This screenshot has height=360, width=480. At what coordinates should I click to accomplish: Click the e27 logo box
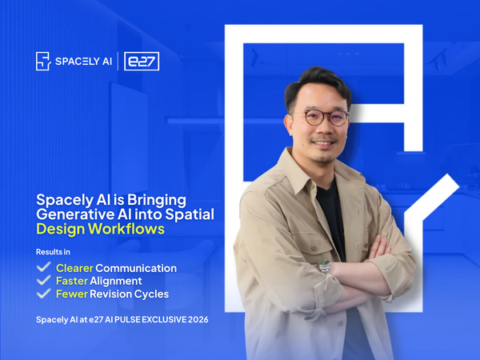pos(142,62)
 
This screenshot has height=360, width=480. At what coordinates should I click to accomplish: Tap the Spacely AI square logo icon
pos(43,62)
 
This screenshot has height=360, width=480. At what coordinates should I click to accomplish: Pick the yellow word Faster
pos(71,281)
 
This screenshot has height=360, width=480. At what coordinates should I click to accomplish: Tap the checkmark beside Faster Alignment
pos(44,281)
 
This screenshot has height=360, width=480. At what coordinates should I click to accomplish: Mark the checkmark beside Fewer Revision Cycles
pos(44,294)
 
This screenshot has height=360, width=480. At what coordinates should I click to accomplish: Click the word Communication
pos(138,268)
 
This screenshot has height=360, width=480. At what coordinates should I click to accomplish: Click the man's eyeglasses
pos(326,118)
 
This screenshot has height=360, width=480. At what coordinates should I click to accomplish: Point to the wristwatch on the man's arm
pos(325,266)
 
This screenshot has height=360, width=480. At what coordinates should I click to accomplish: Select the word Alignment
pos(116,281)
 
